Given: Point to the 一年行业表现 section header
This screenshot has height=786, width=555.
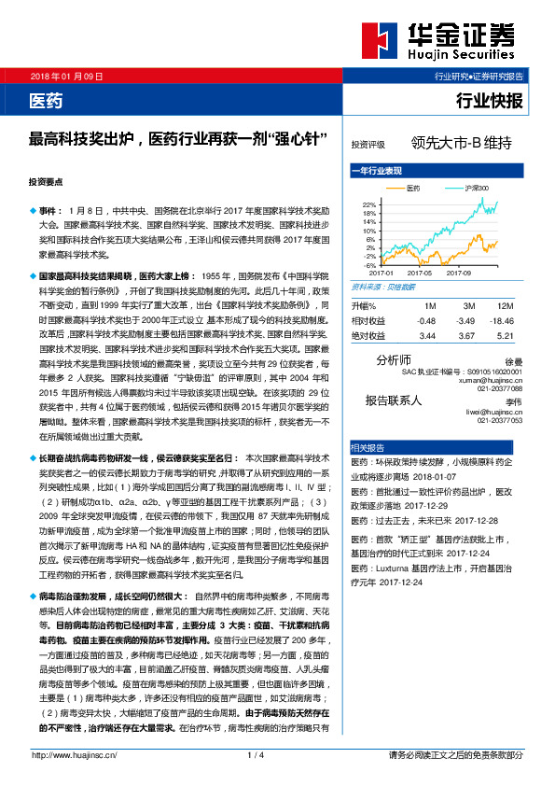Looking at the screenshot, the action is point(376,172).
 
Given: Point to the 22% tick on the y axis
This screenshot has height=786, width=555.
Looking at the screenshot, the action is point(368,203).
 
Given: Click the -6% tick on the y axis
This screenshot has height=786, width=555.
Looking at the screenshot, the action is point(368,264).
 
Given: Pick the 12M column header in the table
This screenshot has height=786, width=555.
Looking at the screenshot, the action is point(506,305).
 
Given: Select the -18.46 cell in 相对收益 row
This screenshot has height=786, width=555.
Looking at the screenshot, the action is point(502,319).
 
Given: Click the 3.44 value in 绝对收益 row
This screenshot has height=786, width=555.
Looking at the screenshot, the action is point(428,333).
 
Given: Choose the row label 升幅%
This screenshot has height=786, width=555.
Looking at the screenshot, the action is point(364,305).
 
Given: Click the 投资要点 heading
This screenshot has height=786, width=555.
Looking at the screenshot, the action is point(46,184).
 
